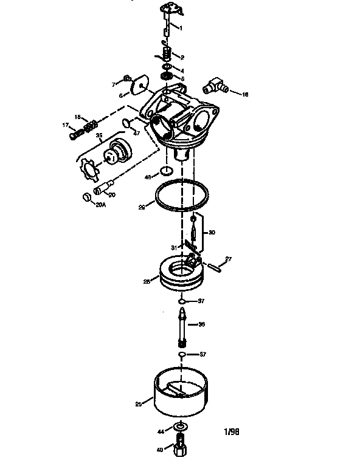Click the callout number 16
[x=245, y=95]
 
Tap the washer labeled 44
[x=179, y=429]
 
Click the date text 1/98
[x=231, y=433]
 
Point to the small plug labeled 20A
[x=86, y=197]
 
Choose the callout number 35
[x=99, y=135]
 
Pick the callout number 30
[x=212, y=232]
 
